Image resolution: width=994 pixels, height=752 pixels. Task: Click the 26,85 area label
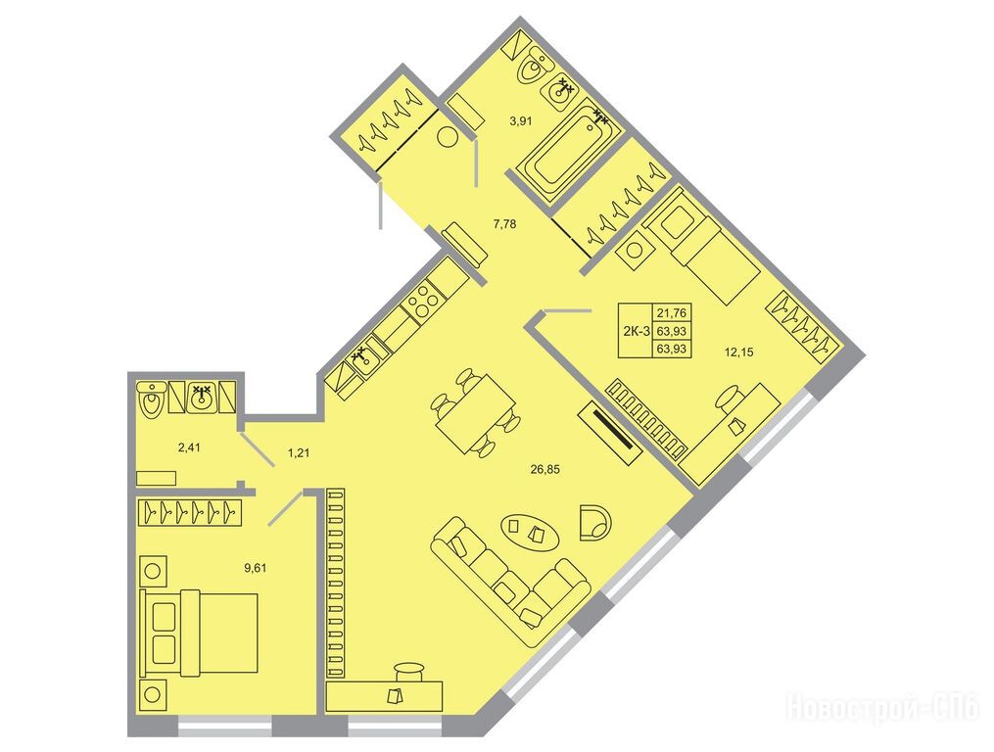[544, 470]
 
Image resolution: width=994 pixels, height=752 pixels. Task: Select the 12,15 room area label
[738, 352]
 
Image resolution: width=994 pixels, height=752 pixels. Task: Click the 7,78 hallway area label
[504, 223]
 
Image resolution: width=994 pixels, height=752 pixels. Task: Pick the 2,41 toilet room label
[189, 447]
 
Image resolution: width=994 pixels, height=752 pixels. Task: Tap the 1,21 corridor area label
[299, 452]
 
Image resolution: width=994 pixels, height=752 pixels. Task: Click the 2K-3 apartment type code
[636, 330]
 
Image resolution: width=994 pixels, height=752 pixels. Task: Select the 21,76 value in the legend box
[672, 312]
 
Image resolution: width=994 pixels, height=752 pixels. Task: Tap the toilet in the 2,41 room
[151, 399]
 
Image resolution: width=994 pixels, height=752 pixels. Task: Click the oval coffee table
[531, 532]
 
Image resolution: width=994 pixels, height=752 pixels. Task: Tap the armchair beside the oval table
[595, 521]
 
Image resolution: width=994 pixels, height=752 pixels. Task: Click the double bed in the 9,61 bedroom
[201, 633]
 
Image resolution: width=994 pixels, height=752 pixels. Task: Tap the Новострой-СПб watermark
[884, 708]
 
